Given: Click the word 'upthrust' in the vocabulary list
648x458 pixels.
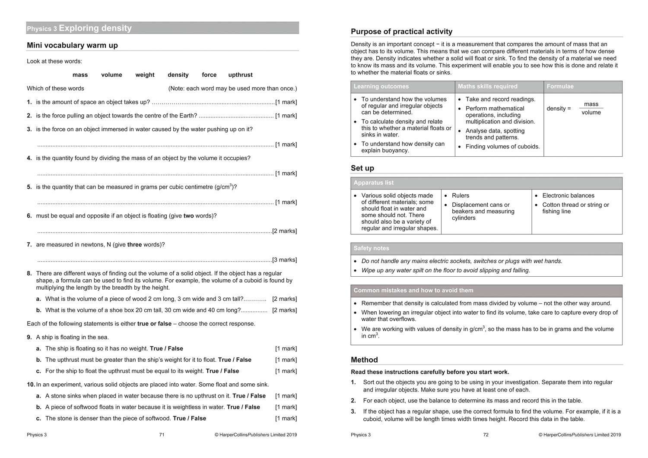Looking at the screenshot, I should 240,75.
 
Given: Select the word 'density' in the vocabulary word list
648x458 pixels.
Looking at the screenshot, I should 178,75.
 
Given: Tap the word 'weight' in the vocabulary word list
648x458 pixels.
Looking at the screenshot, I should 145,75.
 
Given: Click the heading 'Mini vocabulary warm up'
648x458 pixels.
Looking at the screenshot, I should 72,45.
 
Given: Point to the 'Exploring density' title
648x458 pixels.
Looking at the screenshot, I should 95,28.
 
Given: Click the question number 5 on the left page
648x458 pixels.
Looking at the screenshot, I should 29,187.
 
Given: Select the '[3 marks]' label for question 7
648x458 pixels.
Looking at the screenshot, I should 285,260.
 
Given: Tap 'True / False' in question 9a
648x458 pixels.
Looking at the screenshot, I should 166,348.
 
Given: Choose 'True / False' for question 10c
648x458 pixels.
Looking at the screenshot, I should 189,418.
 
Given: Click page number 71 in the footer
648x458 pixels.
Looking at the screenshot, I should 162,435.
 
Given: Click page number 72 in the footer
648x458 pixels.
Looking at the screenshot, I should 486,435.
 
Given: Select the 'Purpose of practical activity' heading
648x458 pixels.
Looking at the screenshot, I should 401,32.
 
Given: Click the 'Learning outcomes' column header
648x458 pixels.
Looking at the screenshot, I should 381,86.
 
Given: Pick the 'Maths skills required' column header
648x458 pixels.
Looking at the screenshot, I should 487,86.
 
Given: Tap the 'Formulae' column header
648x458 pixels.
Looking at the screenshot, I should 560,86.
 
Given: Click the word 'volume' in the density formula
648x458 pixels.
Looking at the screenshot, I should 591,113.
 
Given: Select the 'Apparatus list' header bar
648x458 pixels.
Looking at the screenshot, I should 374,183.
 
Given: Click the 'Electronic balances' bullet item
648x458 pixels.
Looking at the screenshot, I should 568,196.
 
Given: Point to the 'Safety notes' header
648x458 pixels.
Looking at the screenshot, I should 371,248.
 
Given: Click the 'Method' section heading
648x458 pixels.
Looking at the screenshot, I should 364,360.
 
